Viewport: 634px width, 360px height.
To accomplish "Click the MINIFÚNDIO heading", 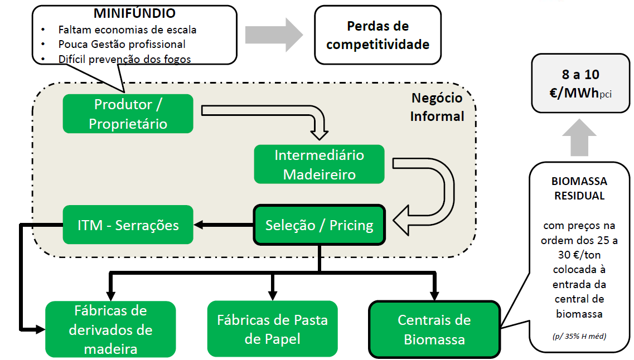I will pos(134,13).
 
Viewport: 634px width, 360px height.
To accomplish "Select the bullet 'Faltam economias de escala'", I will pos(127,30).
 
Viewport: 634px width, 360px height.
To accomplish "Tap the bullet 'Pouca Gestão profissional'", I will pos(122,44).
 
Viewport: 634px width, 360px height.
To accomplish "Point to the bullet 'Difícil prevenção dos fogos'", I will pos(124,59).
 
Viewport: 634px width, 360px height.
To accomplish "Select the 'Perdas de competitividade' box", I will pos(378,35).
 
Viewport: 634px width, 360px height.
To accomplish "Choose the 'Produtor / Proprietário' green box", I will pos(128,114).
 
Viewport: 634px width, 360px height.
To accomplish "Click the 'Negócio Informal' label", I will pos(437,107).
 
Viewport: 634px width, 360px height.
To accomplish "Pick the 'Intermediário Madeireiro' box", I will pos(319,164).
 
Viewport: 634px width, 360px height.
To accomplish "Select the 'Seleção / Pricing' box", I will pos(319,225).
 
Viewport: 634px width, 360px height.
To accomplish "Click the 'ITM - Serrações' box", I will pos(128,225).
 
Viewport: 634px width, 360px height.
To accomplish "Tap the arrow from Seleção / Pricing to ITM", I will pos(223,225).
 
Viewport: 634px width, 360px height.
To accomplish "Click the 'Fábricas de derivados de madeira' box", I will pos(110,329).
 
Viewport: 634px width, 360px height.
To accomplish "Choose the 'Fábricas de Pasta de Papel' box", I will pos(272,329).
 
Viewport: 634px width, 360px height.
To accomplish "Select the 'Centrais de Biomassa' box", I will pos(434,329).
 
